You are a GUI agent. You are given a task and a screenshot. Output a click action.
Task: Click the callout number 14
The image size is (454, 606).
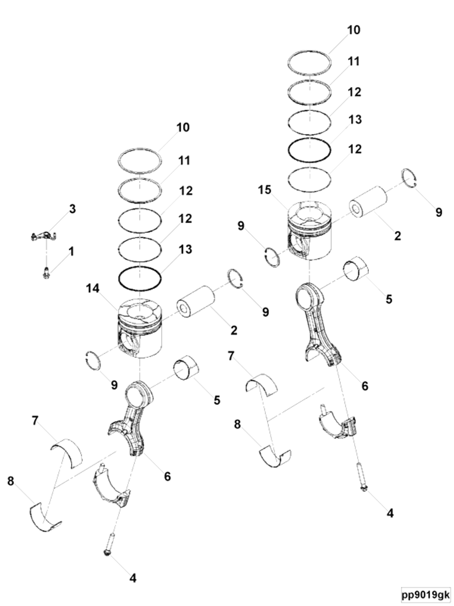93,288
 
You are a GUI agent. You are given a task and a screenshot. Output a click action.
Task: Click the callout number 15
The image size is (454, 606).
264,190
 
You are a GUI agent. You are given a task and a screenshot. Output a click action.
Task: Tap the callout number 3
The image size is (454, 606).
72,209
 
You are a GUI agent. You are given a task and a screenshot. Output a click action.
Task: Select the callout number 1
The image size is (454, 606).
71,251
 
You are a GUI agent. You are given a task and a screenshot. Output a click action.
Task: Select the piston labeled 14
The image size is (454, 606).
139,329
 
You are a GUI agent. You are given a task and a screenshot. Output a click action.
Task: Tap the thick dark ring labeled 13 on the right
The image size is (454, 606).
309,150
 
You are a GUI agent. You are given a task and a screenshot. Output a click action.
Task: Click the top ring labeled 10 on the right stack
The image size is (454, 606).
309,63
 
